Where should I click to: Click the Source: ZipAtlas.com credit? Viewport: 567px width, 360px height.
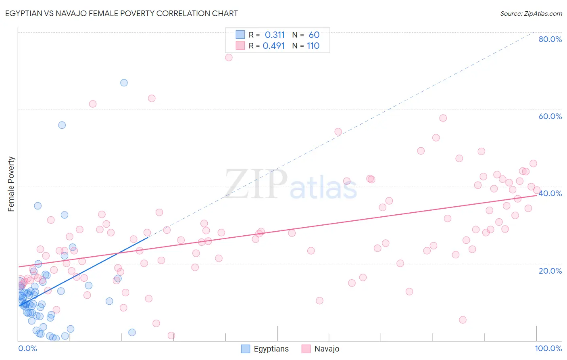pos(531,13)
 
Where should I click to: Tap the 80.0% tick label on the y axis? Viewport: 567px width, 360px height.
pos(550,39)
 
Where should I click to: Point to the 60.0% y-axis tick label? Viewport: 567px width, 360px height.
pos(550,116)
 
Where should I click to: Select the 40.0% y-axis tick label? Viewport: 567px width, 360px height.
pos(550,193)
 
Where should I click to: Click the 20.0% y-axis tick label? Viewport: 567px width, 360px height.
pos(550,271)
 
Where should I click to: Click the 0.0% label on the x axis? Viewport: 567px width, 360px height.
pos(27,348)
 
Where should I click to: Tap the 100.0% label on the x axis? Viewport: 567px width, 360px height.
pos(548,348)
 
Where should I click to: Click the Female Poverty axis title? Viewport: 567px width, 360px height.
pos(11,184)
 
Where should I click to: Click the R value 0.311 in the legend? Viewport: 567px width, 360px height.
pos(275,35)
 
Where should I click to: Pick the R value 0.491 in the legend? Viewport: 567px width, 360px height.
pos(274,46)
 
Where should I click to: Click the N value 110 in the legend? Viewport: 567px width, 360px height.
pos(313,46)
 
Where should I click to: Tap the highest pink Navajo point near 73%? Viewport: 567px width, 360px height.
pos(229,57)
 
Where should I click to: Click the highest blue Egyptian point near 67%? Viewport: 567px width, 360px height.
pos(124,83)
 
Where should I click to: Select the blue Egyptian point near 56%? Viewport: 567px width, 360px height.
pos(62,125)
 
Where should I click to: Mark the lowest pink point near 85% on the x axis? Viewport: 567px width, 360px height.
pos(463,320)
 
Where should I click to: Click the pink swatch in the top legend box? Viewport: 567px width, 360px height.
pos(240,46)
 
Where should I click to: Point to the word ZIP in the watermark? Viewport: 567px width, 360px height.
pos(256,184)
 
